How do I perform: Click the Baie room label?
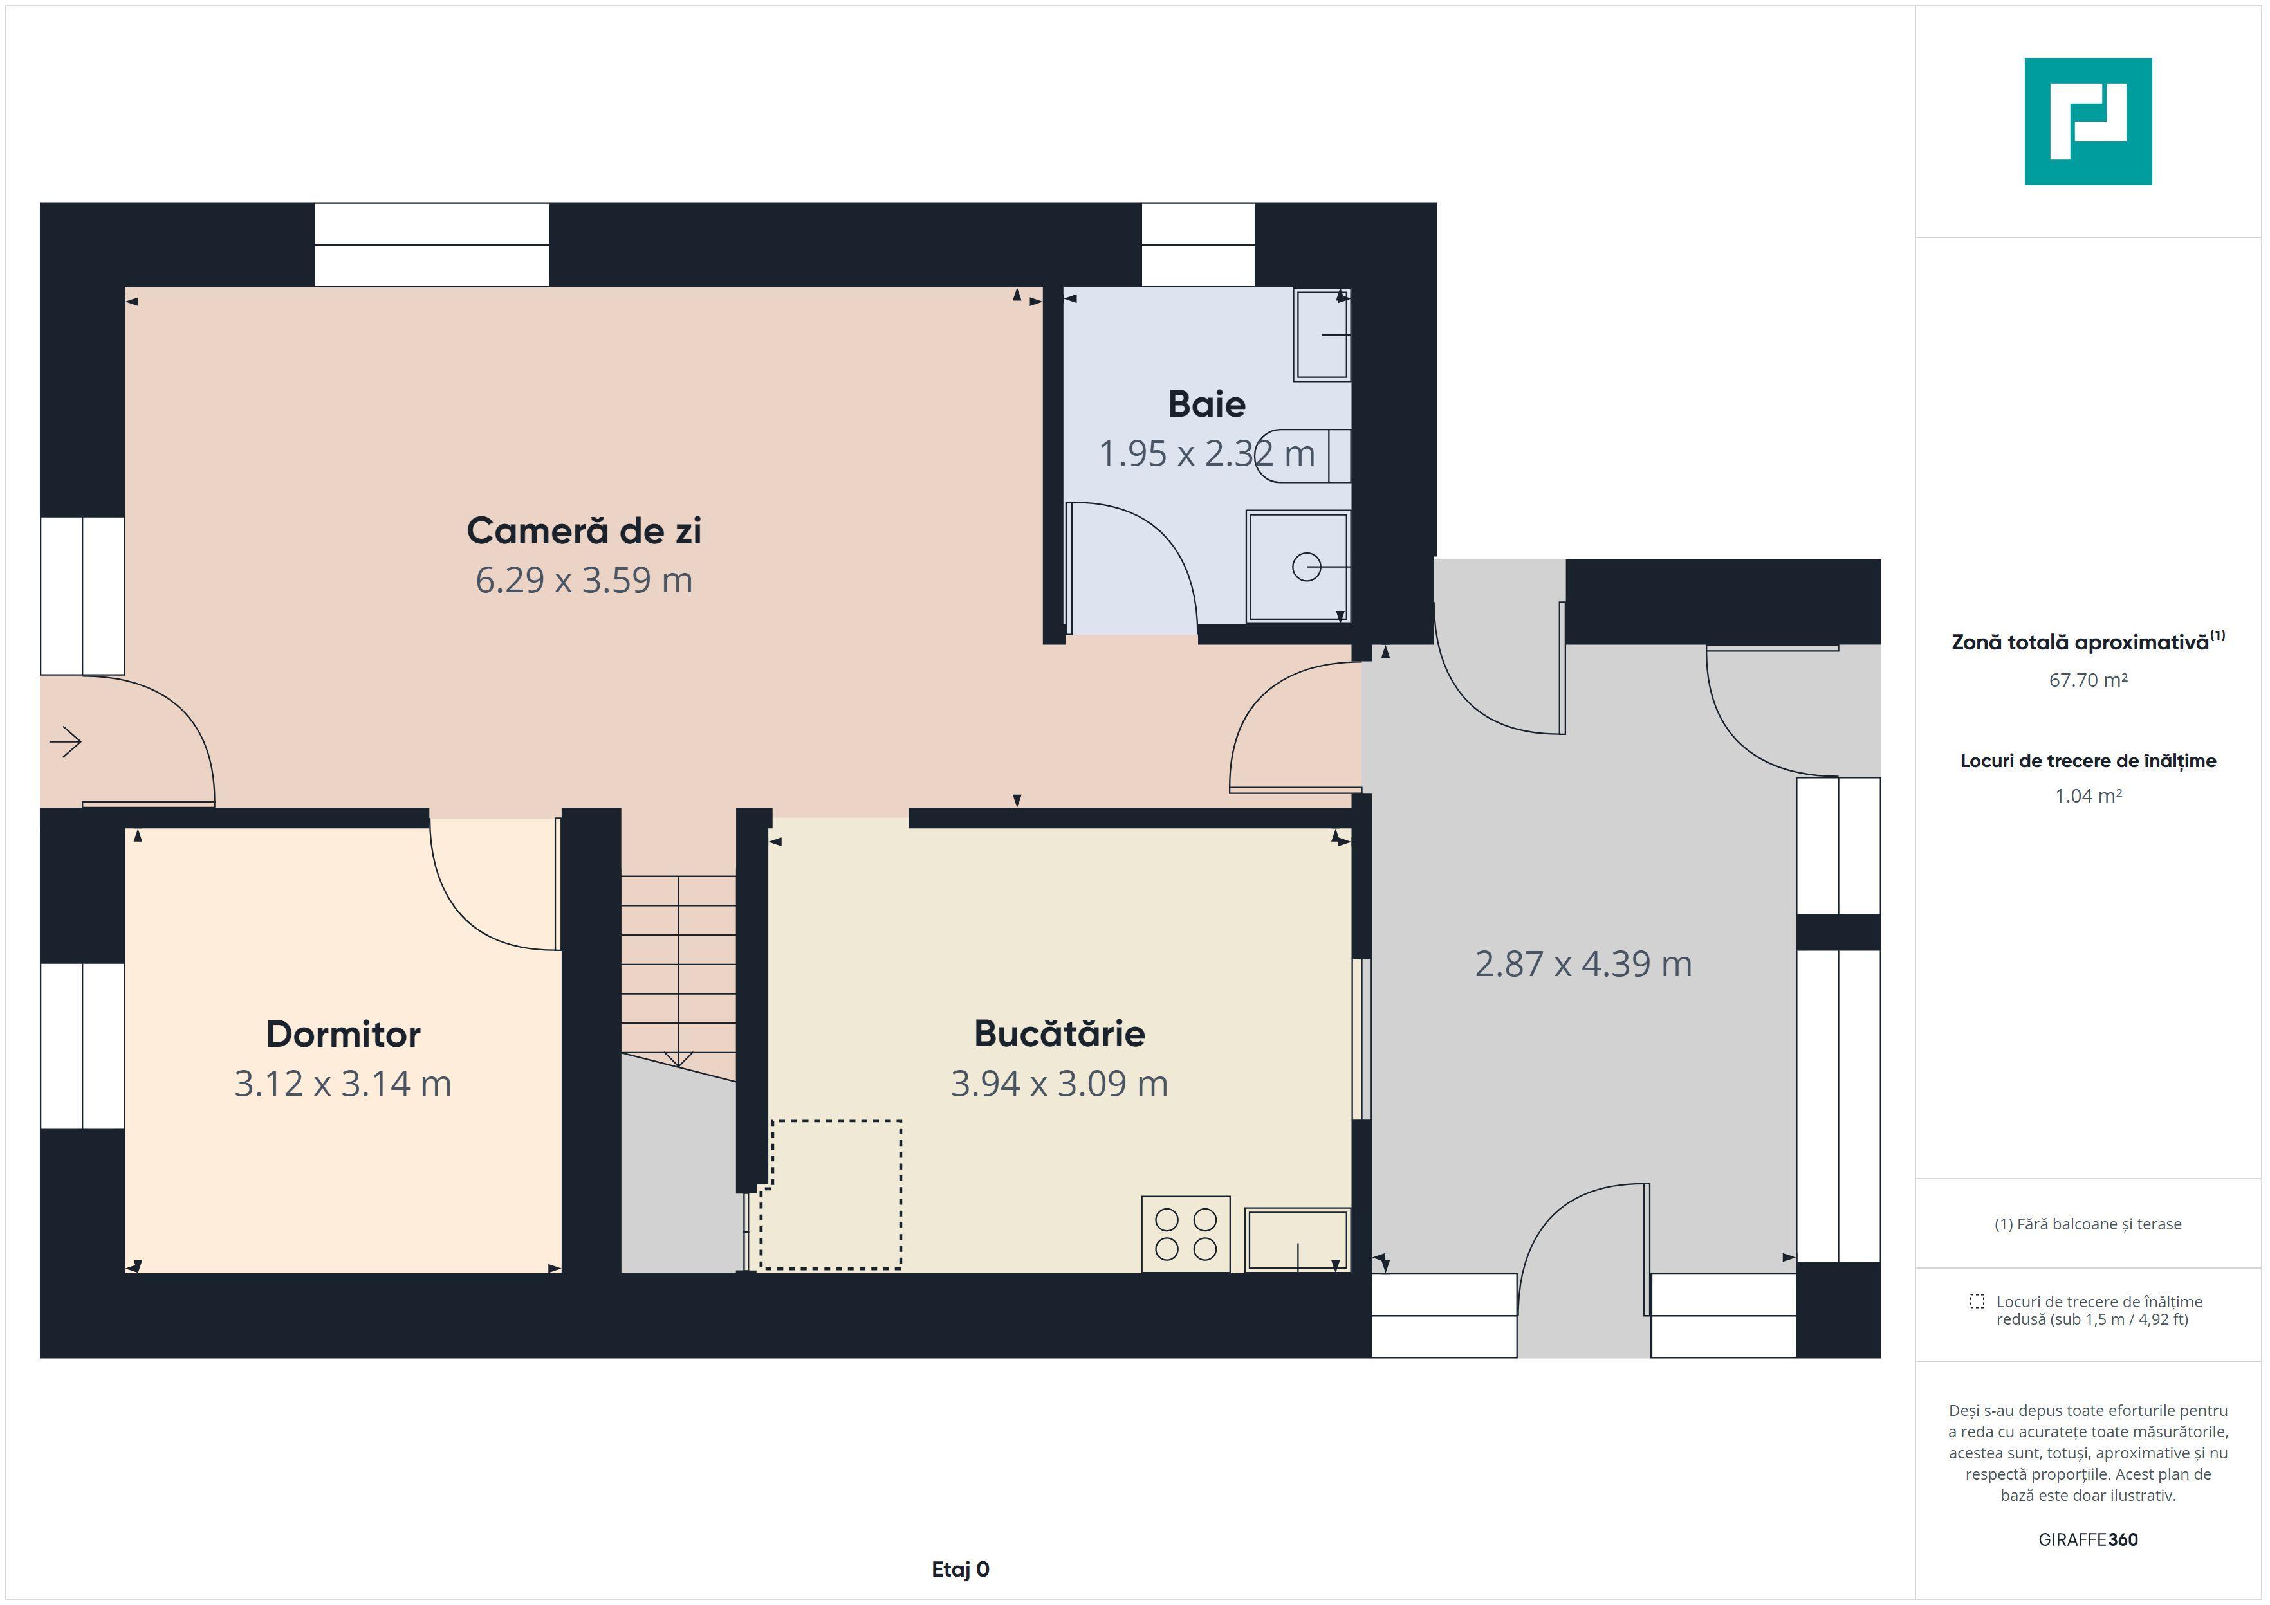pos(1206,404)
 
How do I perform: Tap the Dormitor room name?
pos(343,1034)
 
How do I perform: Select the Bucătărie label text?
pos(1059,1033)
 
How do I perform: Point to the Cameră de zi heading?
pos(584,530)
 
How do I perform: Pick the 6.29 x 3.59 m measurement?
pos(584,580)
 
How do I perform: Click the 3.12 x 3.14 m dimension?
pos(343,1083)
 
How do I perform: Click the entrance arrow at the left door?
pos(65,741)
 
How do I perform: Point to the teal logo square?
pos(2088,122)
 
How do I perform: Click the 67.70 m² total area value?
pos(2088,680)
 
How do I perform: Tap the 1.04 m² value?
pos(2088,795)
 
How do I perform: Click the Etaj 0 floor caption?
pos(960,1570)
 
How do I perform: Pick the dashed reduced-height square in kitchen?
pos(831,1194)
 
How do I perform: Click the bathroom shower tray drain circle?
pos(1307,567)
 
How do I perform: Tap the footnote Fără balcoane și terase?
pos(2088,1224)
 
